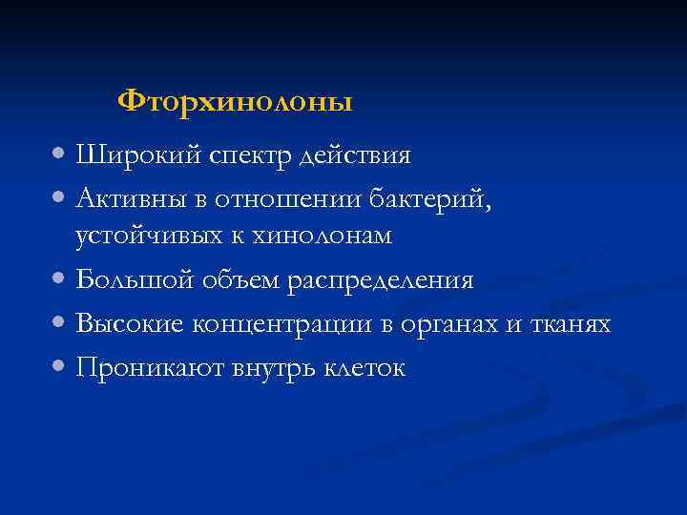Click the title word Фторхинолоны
(x=235, y=101)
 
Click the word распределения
(x=384, y=280)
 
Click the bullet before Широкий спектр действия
(x=60, y=154)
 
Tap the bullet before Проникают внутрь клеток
(x=60, y=365)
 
